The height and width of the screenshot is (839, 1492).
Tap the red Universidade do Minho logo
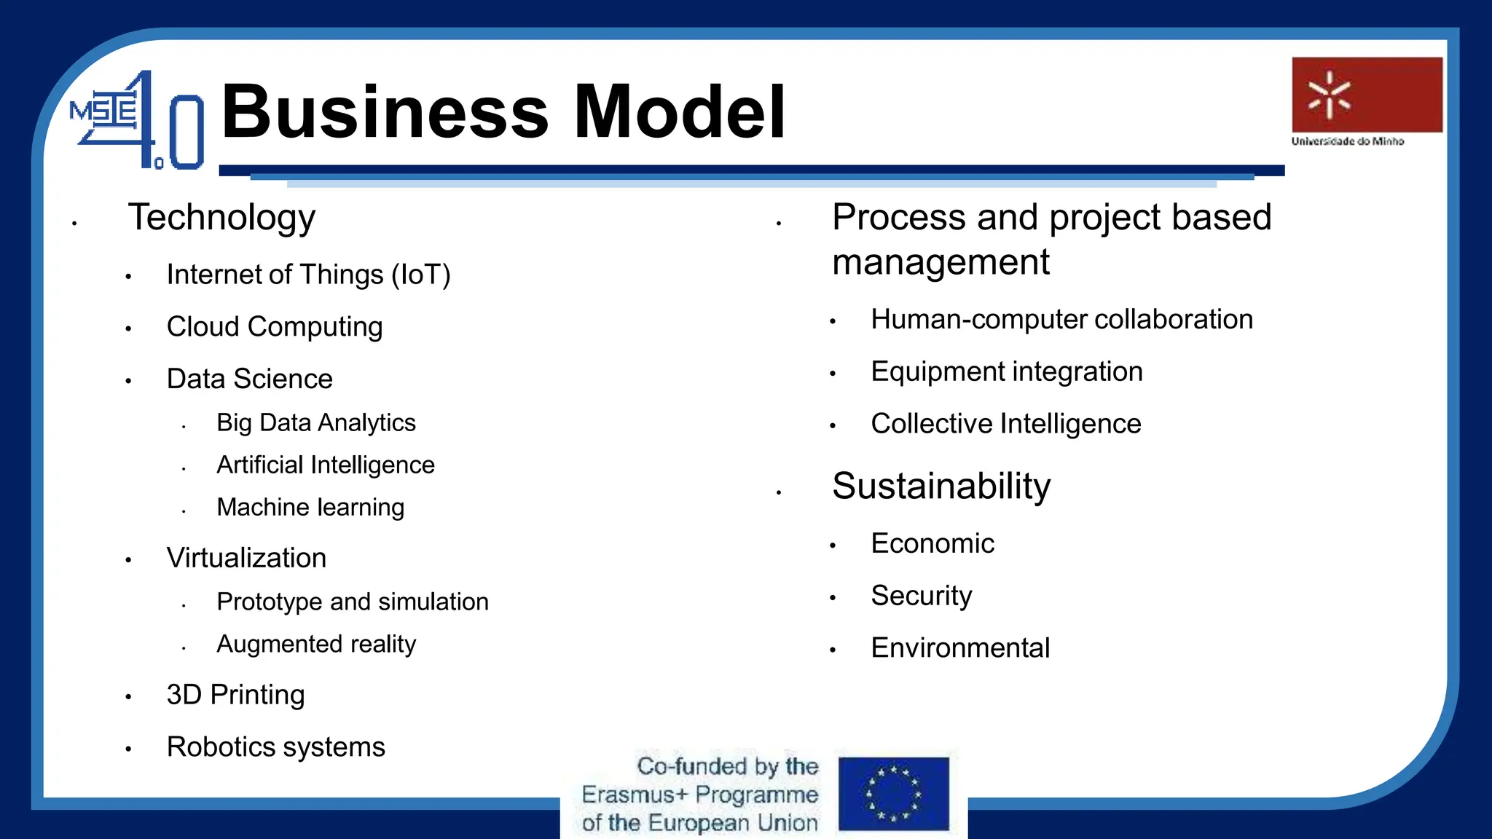(x=1367, y=95)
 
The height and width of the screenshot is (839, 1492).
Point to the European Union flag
(x=893, y=794)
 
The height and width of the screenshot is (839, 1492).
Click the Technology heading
(x=221, y=217)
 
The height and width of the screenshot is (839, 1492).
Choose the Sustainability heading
(x=941, y=486)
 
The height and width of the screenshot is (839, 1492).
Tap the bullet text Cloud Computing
(x=274, y=327)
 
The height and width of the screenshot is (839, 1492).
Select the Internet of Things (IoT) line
(x=308, y=275)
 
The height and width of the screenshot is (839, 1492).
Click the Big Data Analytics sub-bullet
(x=315, y=422)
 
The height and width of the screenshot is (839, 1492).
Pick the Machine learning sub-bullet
(x=310, y=507)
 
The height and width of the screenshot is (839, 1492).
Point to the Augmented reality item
(x=315, y=644)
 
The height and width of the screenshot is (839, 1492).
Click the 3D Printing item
(x=235, y=695)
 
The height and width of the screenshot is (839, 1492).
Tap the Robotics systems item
(x=275, y=747)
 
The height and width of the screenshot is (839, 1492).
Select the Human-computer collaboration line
(x=1061, y=320)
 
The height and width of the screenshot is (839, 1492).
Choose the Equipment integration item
(x=1006, y=372)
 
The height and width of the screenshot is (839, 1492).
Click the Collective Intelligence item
(x=1005, y=424)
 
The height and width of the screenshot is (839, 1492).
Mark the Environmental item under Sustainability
(x=960, y=648)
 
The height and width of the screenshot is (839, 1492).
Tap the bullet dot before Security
(x=833, y=598)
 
